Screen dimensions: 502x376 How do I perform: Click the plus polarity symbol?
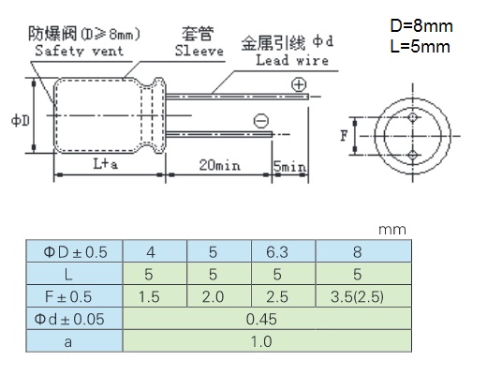click(299, 84)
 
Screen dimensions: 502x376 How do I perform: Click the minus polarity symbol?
click(261, 121)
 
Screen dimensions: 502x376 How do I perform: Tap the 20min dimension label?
click(219, 165)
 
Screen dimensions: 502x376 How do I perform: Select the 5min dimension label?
click(289, 166)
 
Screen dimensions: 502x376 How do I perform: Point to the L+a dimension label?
click(105, 164)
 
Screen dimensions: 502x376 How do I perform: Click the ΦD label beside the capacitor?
click(21, 121)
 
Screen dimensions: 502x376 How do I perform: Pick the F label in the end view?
click(344, 136)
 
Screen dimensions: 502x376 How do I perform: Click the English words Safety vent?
click(79, 51)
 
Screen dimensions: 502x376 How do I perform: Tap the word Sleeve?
click(199, 51)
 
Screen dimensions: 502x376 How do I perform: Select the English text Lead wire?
click(292, 60)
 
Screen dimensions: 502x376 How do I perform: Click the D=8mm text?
click(421, 25)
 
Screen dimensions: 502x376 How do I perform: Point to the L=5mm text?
click(420, 46)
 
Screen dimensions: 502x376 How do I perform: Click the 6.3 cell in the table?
click(277, 252)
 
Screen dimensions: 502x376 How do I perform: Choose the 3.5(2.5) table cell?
click(357, 296)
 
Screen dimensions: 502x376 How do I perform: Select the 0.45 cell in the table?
click(261, 319)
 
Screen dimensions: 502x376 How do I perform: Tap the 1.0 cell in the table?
click(261, 341)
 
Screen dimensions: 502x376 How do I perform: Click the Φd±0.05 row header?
click(69, 319)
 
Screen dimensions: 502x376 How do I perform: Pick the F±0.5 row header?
click(68, 296)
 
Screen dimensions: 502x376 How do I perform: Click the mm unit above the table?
click(392, 230)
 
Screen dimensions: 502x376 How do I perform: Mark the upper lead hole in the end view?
click(413, 117)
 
